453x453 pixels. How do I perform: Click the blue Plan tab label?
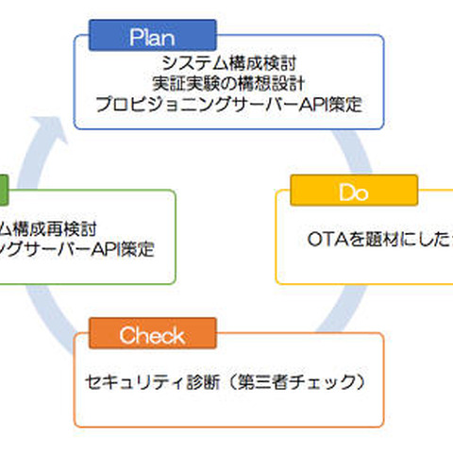tap(152, 37)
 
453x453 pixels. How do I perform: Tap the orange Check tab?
tap(152, 335)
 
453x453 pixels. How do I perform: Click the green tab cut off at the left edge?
tap(4, 192)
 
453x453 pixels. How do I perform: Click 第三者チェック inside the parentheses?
tap(292, 384)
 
